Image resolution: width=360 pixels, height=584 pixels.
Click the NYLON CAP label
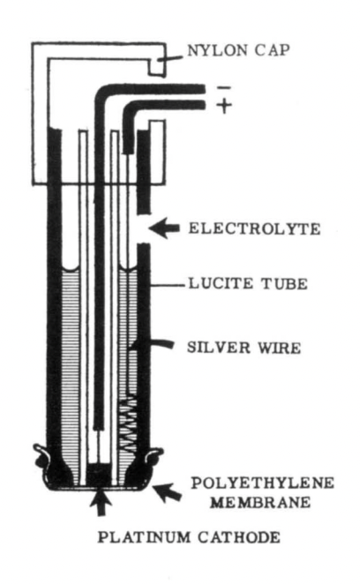[x=238, y=50]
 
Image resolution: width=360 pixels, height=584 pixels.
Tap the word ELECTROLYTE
[x=254, y=228]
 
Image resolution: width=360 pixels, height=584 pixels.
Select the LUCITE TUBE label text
[x=248, y=284]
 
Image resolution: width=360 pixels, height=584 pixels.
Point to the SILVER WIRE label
[x=244, y=348]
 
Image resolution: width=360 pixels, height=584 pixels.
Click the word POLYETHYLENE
[x=263, y=483]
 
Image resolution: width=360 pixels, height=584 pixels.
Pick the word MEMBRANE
[x=260, y=503]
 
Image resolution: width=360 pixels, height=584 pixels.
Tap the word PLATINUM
[x=145, y=537]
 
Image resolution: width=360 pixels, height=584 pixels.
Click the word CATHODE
[x=239, y=537]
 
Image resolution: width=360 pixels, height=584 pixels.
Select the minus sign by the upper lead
[x=224, y=88]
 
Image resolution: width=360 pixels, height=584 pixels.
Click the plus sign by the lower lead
[x=224, y=105]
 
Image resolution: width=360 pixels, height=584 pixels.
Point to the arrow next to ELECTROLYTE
[x=164, y=228]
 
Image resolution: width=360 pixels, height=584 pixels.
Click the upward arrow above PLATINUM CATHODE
[x=101, y=503]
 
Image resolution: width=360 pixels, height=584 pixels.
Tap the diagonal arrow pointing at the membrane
[x=169, y=492]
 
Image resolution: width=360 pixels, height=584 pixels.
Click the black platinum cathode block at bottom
[x=99, y=475]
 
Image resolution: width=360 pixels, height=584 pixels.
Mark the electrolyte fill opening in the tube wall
[x=144, y=229]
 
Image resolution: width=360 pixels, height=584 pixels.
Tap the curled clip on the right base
[x=154, y=456]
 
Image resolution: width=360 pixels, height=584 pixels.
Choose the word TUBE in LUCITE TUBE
[x=285, y=284]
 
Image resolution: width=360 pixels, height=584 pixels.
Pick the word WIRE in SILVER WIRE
[x=280, y=348]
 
